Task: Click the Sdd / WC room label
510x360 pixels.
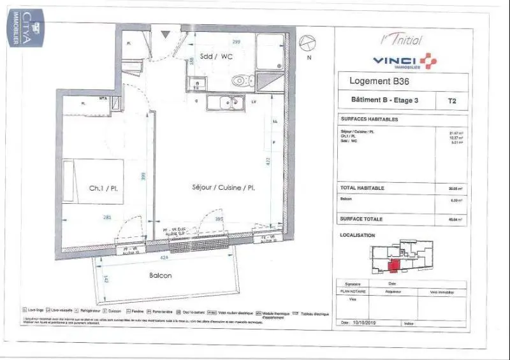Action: point(216,56)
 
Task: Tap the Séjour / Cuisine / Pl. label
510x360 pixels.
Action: point(224,188)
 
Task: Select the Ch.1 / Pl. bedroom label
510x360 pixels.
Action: point(105,189)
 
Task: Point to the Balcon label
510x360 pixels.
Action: point(161,275)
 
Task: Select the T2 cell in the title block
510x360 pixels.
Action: point(452,100)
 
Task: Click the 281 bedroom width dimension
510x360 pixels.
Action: point(107,218)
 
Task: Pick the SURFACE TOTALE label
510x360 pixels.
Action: point(361,219)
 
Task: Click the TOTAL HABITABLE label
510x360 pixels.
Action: point(363,189)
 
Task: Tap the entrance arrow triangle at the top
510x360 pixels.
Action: point(165,34)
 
